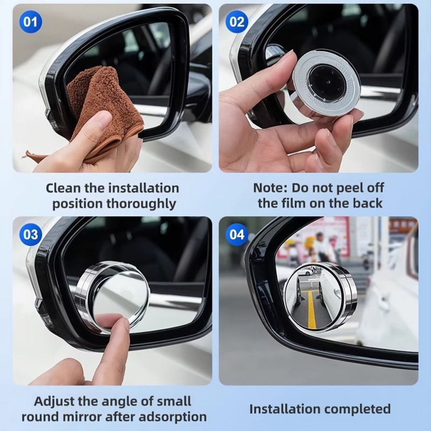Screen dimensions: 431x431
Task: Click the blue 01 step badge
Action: [x=30, y=22]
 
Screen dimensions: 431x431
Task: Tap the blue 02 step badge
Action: [x=237, y=22]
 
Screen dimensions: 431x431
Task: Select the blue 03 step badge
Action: [x=30, y=235]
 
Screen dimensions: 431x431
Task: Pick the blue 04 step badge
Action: [x=237, y=235]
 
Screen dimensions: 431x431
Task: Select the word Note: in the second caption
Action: [x=270, y=188]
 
